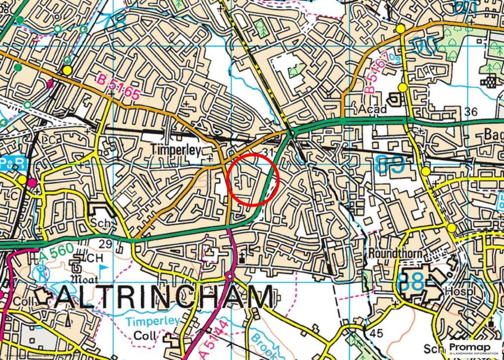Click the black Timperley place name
click(x=176, y=150)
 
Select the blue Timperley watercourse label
click(x=153, y=321)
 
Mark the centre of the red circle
click(x=253, y=179)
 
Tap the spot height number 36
click(x=471, y=112)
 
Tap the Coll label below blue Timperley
click(x=146, y=336)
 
